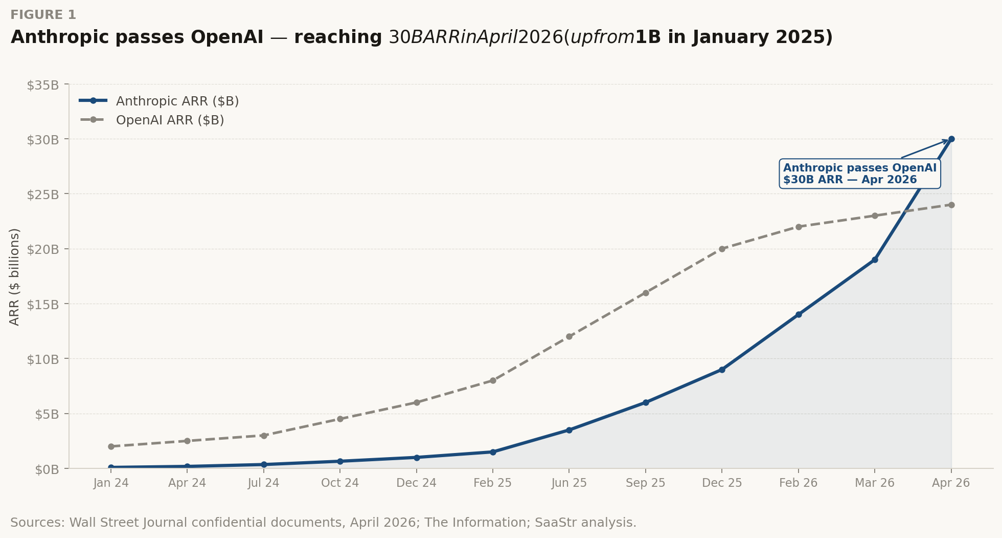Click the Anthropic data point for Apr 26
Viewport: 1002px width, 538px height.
click(x=951, y=139)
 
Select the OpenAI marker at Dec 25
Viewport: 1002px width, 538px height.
click(x=722, y=249)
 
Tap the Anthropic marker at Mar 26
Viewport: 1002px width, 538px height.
click(x=875, y=260)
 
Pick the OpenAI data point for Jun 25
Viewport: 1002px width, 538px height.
click(x=569, y=337)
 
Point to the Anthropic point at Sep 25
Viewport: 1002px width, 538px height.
click(x=646, y=403)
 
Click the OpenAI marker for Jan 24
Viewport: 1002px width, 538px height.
click(x=111, y=446)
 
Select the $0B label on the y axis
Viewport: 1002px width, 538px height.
click(x=47, y=469)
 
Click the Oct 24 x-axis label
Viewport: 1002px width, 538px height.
click(x=340, y=483)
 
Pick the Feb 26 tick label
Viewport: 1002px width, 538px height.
click(x=798, y=483)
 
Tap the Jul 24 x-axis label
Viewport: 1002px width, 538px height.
click(x=263, y=483)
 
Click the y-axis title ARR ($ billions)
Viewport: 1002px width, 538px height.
click(x=14, y=276)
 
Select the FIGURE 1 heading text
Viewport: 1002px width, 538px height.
click(x=43, y=15)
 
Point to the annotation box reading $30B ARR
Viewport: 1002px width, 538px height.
click(x=859, y=174)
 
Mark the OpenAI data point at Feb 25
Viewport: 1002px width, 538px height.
click(x=493, y=381)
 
